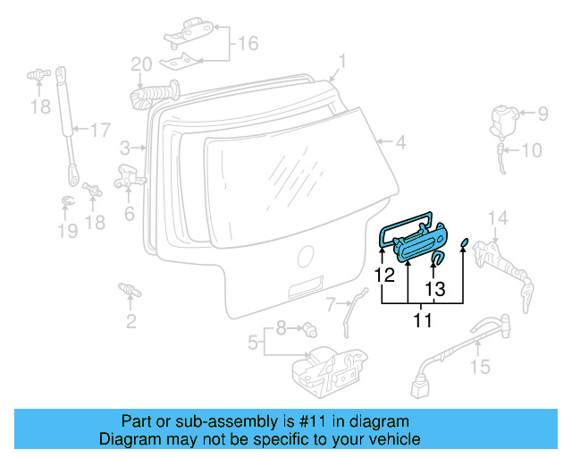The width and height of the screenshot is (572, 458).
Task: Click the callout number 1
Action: point(341,62)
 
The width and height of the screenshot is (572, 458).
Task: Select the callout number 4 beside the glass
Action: point(401,141)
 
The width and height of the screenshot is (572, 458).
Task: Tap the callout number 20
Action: point(141,64)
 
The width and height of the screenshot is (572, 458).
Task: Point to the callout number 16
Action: point(247,42)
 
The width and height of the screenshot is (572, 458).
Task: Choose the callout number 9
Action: point(543,113)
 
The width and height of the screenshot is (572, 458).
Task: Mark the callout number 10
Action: point(531,150)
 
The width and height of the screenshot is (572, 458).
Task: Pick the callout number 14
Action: point(498,218)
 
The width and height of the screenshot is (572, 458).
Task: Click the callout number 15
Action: point(480,366)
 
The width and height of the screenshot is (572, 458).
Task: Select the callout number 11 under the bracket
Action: point(422,319)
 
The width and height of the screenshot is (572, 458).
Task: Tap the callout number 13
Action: point(434,289)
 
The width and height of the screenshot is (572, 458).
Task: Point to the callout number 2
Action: point(131,320)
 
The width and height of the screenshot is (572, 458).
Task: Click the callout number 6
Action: point(130,214)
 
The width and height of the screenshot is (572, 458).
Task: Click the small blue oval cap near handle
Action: point(465,244)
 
